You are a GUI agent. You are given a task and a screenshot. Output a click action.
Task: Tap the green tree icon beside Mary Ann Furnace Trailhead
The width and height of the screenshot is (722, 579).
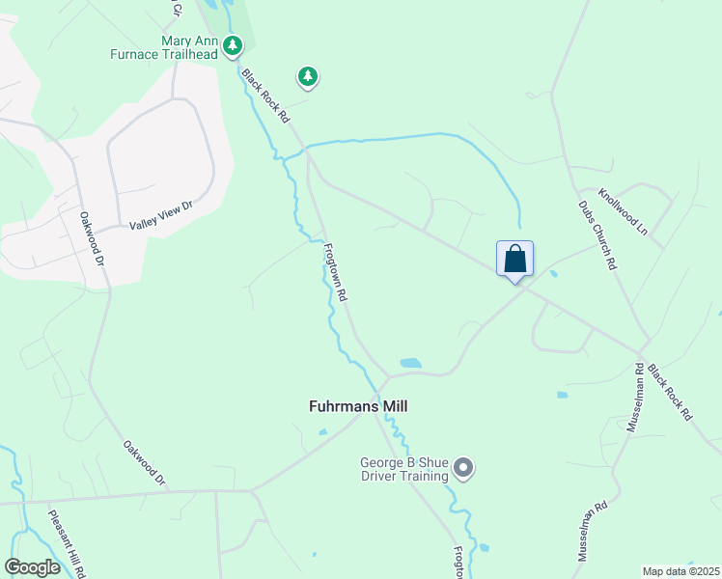tap(233, 45)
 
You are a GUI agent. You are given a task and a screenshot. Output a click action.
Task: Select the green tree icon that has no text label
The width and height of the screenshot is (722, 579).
tap(308, 75)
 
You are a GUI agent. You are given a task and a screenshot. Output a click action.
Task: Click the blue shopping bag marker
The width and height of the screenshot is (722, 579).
tap(514, 259)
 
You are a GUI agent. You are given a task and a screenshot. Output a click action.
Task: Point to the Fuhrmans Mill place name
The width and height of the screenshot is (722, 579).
tap(357, 406)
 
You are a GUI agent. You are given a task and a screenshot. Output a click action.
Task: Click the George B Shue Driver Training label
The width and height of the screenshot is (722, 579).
tap(404, 469)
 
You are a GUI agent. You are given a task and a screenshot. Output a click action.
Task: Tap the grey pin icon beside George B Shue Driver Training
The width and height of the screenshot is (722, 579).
tap(464, 469)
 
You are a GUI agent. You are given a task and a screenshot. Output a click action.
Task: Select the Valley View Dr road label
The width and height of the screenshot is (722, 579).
tap(162, 215)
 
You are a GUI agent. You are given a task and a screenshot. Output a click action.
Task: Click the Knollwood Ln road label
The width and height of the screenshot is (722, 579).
tap(623, 211)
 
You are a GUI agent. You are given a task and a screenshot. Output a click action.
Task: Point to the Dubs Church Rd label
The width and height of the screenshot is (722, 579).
tap(597, 234)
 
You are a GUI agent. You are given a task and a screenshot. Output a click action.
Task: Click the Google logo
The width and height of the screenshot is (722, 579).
tap(33, 567)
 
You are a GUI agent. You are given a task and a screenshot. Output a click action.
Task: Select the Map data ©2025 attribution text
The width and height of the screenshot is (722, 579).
tap(680, 571)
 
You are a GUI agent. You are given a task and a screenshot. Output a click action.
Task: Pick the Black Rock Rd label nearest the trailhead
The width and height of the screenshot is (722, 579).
tap(266, 96)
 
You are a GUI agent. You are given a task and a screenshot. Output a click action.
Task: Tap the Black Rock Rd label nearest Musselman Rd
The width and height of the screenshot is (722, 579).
tap(670, 391)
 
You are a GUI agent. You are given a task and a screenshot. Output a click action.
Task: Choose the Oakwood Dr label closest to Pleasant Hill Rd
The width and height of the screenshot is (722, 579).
tap(145, 463)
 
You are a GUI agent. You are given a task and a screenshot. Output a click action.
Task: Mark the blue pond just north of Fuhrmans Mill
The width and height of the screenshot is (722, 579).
tap(410, 364)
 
